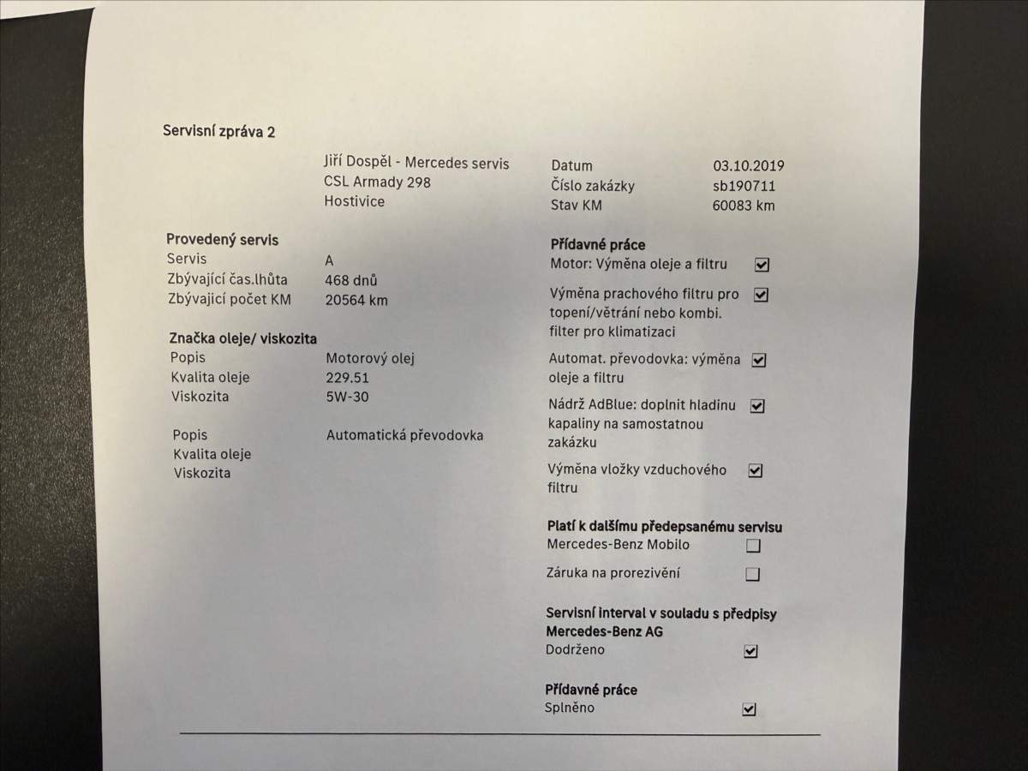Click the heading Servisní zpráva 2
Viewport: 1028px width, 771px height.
tap(218, 131)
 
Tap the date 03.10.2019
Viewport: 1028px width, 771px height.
tap(748, 166)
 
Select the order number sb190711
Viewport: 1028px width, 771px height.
tap(744, 186)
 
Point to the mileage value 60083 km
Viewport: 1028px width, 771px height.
tap(743, 206)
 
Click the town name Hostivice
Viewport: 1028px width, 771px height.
tap(354, 201)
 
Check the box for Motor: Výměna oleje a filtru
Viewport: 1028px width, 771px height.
tap(761, 265)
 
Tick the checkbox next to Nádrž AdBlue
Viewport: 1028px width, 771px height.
tap(757, 406)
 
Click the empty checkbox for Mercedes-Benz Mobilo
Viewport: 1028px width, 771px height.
tap(753, 546)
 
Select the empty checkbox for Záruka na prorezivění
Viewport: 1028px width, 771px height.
tap(752, 575)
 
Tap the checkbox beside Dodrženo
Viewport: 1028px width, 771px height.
tap(750, 651)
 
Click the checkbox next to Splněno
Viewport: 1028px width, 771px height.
tap(749, 709)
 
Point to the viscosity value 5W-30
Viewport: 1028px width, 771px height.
tap(347, 397)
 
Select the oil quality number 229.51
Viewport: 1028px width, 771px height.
tap(349, 378)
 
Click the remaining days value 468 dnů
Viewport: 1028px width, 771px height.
tap(351, 280)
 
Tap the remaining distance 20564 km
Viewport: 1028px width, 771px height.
tap(356, 300)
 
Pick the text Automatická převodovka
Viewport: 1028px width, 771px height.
tap(404, 435)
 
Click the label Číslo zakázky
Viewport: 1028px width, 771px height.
tap(593, 186)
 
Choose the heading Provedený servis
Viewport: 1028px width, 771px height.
tap(222, 240)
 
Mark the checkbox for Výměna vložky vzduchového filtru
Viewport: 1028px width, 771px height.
tap(755, 470)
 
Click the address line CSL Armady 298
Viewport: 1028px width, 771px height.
tap(377, 182)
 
